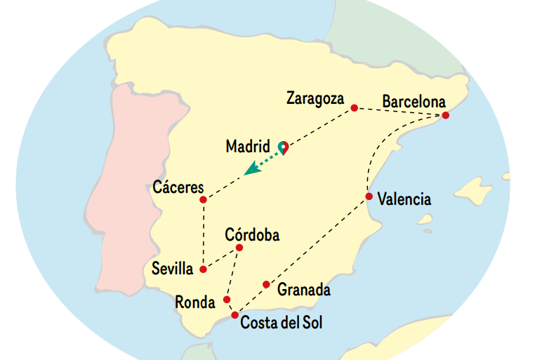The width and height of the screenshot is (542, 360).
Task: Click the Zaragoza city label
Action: [x=315, y=99]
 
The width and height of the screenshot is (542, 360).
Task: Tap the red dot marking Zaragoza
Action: [x=354, y=108]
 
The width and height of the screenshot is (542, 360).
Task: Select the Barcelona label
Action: [x=414, y=102]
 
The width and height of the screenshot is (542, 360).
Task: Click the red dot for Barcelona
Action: [x=444, y=115]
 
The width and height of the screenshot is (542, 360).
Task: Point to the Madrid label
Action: [x=248, y=147]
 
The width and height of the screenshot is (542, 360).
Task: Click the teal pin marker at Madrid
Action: [x=283, y=146]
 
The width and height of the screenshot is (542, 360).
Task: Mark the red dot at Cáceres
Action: [x=203, y=200]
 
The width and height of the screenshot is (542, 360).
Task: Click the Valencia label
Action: [x=404, y=199]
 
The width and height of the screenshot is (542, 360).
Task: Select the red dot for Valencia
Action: [x=369, y=196]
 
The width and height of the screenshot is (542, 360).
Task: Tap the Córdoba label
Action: [x=252, y=235]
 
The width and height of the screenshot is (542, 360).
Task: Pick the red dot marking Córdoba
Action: [x=239, y=248]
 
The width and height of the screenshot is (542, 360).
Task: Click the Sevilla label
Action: [x=172, y=268]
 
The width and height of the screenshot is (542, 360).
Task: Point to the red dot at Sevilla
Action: [x=203, y=269]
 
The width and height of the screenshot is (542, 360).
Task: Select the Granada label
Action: [x=303, y=289]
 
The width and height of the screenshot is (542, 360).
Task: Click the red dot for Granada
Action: [x=266, y=284]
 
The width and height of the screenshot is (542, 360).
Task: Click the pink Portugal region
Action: [x=130, y=189]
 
